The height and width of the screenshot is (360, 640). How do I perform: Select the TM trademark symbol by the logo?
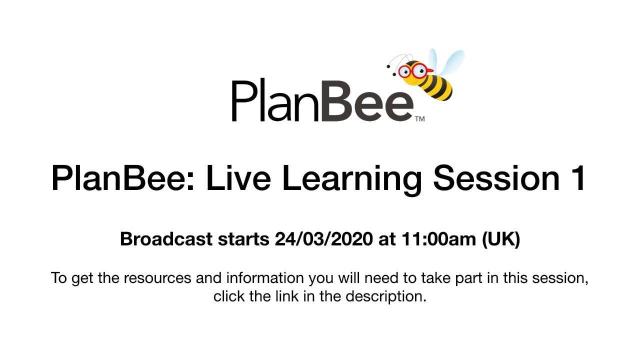pyautogui.click(x=420, y=119)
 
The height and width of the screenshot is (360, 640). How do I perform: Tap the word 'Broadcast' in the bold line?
pyautogui.click(x=166, y=239)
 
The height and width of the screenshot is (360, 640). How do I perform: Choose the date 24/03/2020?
pyautogui.click(x=323, y=239)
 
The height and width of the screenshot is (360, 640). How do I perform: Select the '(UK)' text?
pyautogui.click(x=500, y=239)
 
